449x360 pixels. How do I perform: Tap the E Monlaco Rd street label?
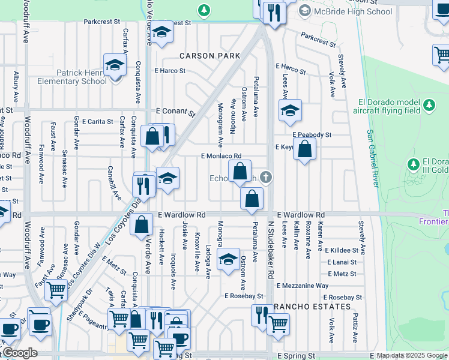(x=221, y=156)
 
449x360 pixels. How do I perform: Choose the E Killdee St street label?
(x=343, y=250)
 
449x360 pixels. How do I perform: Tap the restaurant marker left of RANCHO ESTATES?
(x=262, y=314)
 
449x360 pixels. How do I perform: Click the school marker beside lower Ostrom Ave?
(x=228, y=259)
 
